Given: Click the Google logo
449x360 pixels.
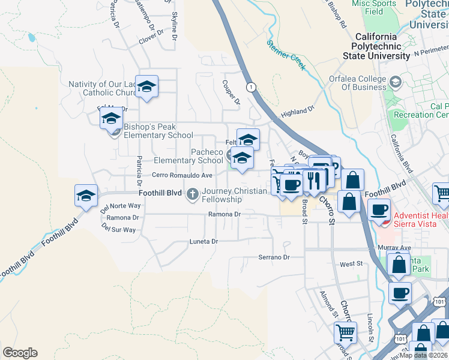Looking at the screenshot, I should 20,353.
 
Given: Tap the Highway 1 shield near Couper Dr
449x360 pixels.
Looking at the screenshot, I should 251,87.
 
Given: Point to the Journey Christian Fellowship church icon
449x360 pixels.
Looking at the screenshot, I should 192,193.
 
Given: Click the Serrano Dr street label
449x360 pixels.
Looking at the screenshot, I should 274,257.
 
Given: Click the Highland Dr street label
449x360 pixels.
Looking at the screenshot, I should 298,111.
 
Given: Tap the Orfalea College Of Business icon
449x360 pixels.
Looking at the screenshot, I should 396,82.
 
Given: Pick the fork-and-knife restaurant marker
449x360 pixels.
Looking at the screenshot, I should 313,179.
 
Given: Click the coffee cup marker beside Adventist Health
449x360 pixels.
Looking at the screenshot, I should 379,209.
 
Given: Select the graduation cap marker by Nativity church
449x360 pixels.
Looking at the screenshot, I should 146,87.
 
